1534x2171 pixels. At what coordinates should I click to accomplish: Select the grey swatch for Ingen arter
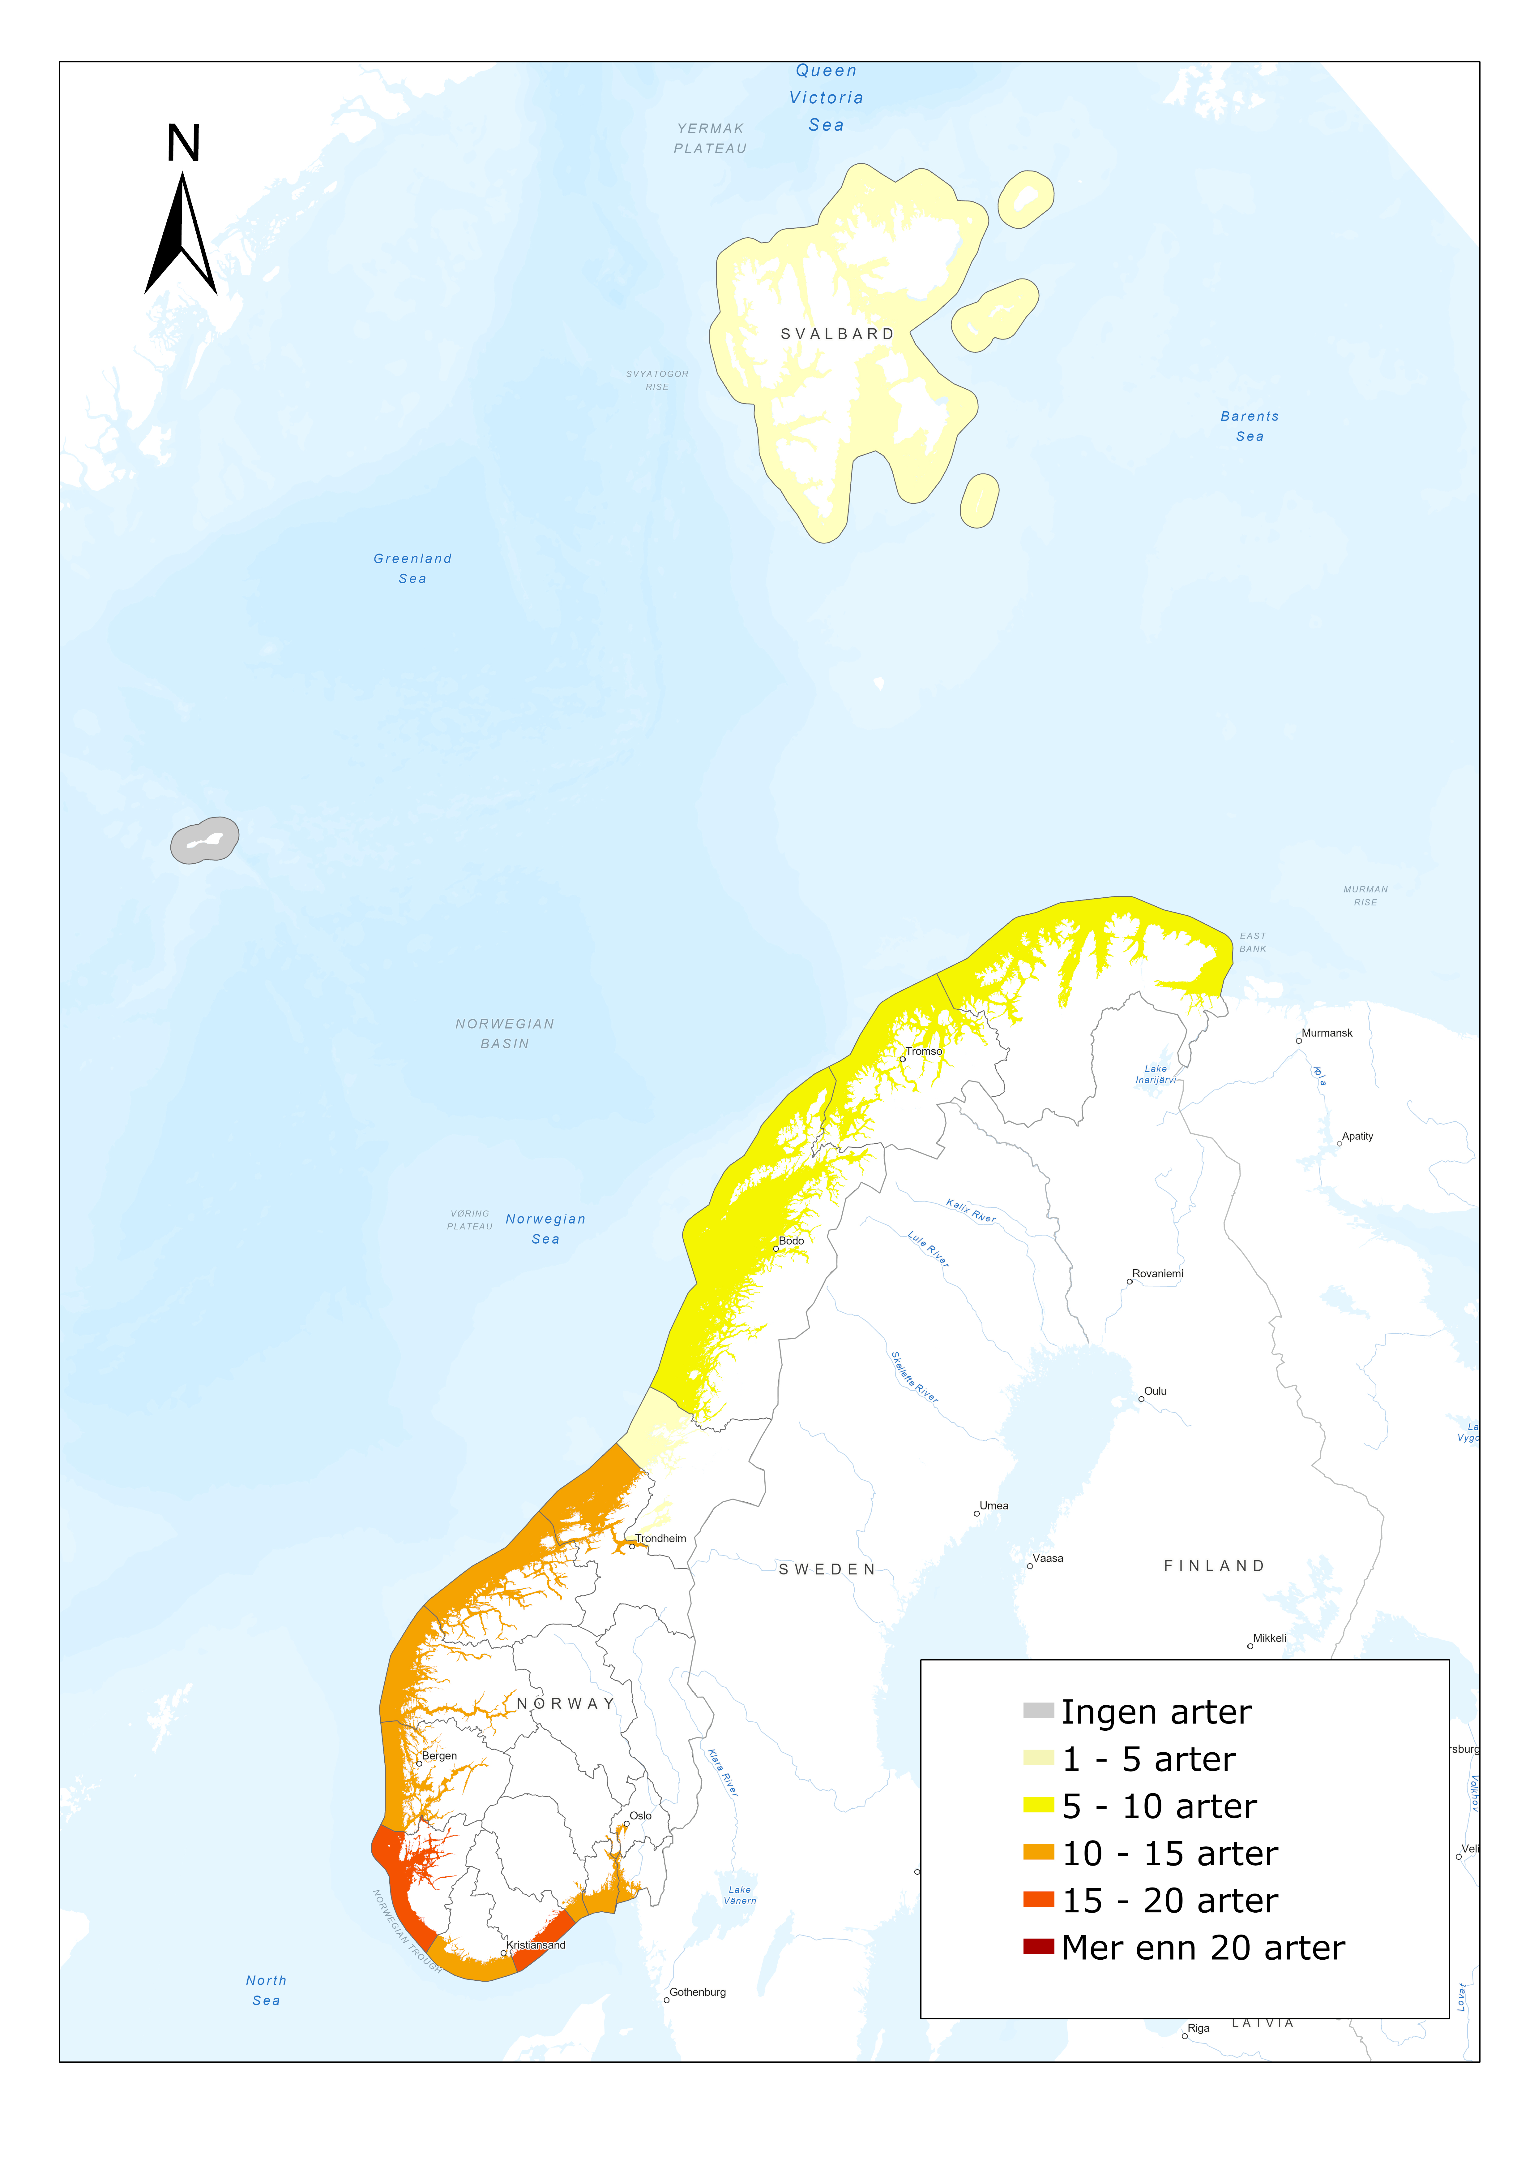click(1038, 1710)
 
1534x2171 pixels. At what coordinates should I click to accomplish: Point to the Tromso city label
click(923, 1051)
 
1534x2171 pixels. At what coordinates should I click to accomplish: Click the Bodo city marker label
click(791, 1241)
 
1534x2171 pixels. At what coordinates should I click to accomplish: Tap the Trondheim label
click(661, 1539)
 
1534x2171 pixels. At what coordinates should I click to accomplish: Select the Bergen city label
click(439, 1756)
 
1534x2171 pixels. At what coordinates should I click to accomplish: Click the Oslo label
click(641, 1815)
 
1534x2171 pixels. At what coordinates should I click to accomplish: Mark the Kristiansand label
click(536, 1945)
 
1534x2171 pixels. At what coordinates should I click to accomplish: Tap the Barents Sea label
click(1250, 425)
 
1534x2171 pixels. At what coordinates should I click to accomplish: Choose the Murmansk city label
click(1327, 1033)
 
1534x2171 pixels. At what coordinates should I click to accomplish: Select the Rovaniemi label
click(1158, 1274)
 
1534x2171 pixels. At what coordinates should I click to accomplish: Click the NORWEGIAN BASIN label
click(505, 1034)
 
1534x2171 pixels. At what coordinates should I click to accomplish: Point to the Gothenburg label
click(698, 1992)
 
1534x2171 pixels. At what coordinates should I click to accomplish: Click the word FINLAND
click(1214, 1566)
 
